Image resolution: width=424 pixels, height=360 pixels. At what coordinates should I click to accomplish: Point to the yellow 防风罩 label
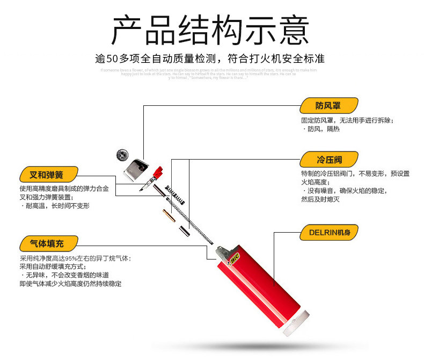328,105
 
